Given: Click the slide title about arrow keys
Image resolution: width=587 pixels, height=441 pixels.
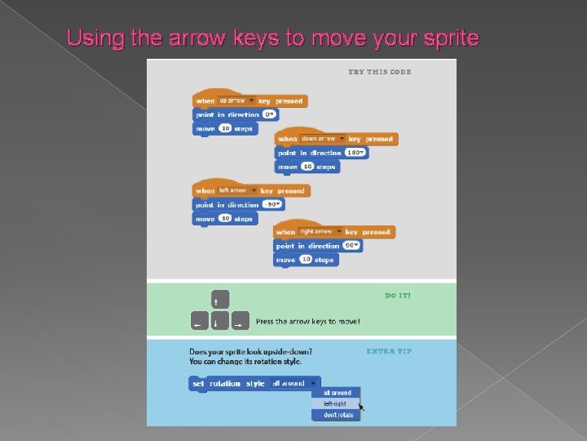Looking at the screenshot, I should [272, 38].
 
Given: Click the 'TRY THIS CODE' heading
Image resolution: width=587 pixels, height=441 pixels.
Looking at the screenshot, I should [379, 72].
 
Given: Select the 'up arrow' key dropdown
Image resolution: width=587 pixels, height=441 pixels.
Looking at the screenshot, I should [236, 101].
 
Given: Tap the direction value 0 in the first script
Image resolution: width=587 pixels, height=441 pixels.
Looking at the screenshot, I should [271, 115].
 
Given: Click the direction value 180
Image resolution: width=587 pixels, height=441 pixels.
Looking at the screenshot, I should [356, 153].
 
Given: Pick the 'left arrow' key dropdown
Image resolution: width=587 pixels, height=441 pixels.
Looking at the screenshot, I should [237, 191].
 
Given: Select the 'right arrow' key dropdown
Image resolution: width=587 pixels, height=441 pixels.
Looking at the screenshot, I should [320, 232].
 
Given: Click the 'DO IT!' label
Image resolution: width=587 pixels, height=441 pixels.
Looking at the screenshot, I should [398, 295].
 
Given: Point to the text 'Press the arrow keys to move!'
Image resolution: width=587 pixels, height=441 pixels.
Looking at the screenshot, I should [307, 322].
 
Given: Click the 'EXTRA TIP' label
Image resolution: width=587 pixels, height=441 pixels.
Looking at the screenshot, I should [389, 351].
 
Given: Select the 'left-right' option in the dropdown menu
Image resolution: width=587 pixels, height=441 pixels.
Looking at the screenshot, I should [334, 403].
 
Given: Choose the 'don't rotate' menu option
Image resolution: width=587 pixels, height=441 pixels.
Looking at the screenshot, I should [334, 415].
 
